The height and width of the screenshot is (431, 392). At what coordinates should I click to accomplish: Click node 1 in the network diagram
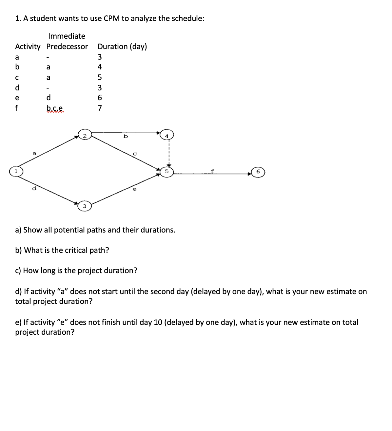tap(15, 171)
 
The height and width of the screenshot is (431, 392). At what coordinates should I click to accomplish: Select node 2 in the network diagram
tap(85, 136)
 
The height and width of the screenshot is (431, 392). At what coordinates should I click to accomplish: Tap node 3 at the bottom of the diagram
tap(85, 206)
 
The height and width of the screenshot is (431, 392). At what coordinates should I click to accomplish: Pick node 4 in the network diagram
tap(167, 136)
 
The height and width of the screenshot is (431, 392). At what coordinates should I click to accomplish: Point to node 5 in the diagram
tap(167, 171)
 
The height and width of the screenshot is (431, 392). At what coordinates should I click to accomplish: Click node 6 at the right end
tap(258, 172)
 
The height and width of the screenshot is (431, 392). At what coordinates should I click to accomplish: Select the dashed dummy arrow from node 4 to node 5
tap(168, 153)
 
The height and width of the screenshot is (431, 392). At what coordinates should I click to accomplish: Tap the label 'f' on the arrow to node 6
tap(212, 171)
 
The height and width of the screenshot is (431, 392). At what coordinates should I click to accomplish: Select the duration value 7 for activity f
tap(100, 108)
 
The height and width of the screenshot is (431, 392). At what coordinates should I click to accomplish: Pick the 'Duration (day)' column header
tap(122, 47)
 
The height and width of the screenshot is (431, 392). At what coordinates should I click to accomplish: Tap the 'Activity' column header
tap(28, 47)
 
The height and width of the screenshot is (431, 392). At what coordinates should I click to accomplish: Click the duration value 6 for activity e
tap(100, 98)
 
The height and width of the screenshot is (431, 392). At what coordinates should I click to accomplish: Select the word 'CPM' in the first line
tap(111, 18)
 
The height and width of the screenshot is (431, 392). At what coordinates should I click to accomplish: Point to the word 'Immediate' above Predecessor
tap(67, 36)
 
